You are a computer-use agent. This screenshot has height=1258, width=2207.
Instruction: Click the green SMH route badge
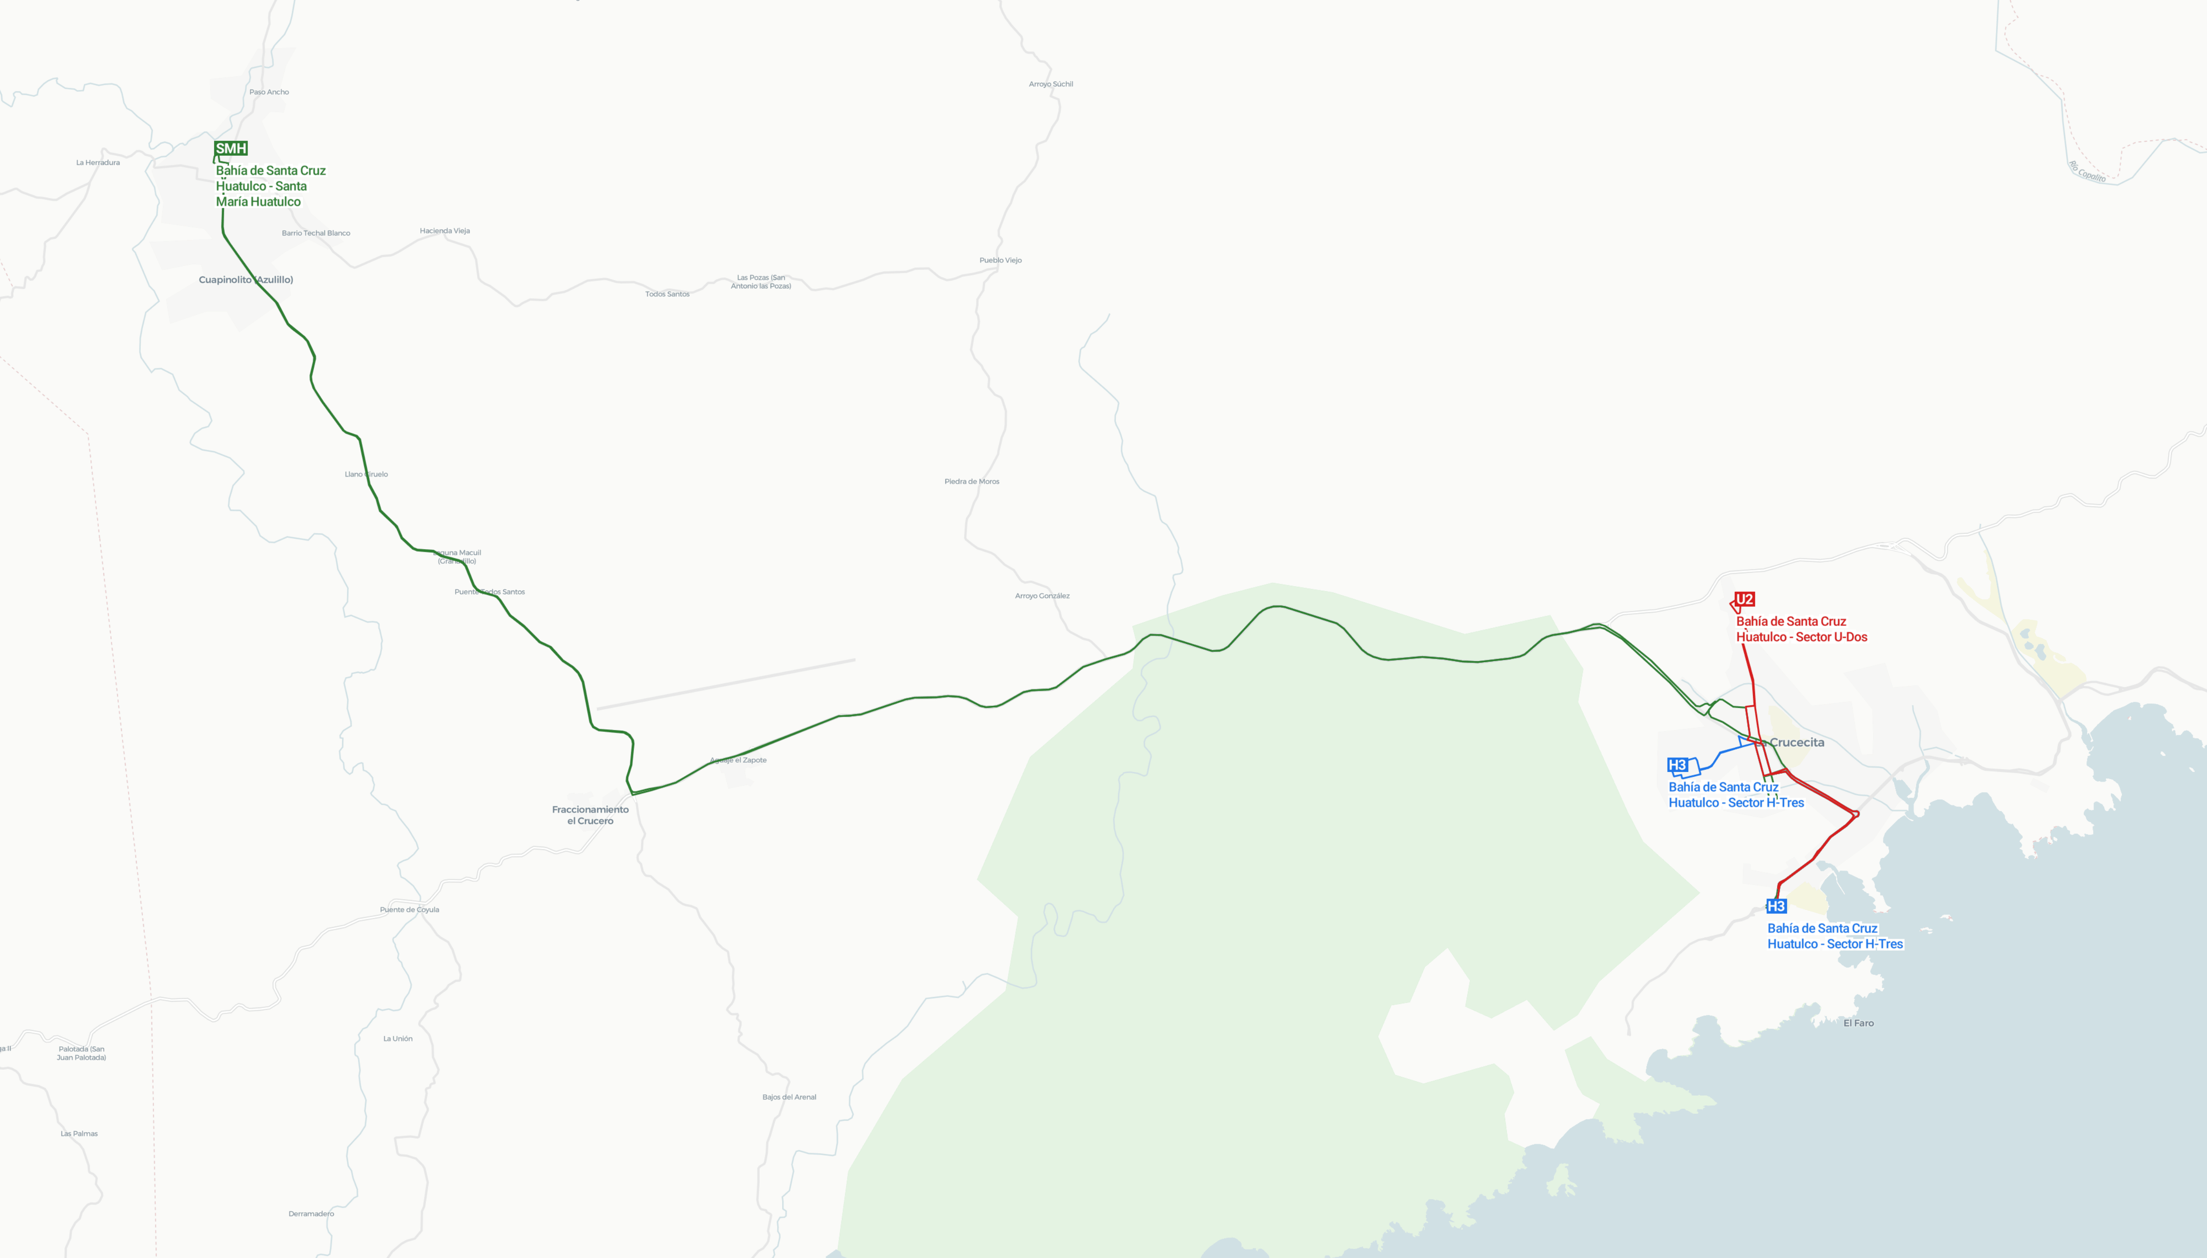[231, 149]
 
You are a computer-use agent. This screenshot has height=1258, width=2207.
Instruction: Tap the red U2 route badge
[1744, 599]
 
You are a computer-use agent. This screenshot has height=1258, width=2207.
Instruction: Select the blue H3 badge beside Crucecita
[1677, 765]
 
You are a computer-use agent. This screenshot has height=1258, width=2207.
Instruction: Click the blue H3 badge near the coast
[1776, 906]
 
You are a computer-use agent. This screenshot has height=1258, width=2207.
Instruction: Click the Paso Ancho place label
[269, 92]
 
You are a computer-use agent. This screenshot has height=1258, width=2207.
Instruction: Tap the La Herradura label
[98, 162]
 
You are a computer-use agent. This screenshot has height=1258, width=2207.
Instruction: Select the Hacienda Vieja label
[444, 231]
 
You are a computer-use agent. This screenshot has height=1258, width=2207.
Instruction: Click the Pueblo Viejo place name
[1000, 260]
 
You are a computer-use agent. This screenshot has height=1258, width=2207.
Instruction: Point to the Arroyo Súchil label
[1051, 84]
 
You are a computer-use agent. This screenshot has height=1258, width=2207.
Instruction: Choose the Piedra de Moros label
[972, 481]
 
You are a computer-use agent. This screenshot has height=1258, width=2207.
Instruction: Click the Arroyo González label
[1042, 595]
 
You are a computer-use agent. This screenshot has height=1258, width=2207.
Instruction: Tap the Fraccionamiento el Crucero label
[591, 815]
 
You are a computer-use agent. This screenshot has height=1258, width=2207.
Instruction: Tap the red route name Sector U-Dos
[1801, 629]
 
